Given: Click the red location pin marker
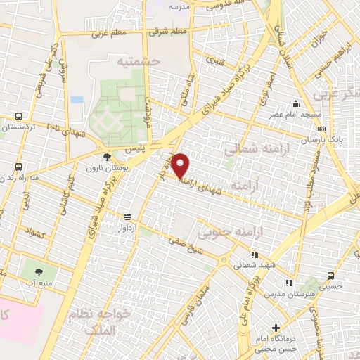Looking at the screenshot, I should (x=181, y=166).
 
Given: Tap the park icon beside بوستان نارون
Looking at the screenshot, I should (x=106, y=157).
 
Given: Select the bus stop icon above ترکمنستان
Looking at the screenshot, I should (x=18, y=117).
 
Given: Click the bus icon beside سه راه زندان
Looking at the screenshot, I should (x=18, y=167).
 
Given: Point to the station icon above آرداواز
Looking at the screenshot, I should (x=127, y=217).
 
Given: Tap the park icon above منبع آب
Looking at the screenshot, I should (x=38, y=271).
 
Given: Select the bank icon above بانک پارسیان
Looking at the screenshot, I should (x=321, y=129).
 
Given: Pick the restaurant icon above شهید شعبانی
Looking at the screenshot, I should (x=255, y=254).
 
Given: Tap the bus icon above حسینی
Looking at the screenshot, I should (x=331, y=276).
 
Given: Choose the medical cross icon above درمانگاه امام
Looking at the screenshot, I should (x=276, y=328).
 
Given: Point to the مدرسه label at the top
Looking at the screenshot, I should (x=179, y=6).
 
